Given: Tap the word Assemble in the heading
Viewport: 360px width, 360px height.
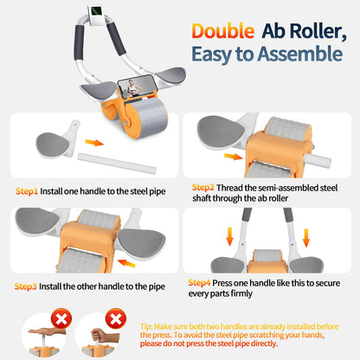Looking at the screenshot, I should click(302, 54).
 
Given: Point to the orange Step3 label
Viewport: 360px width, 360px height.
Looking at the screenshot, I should click(29, 285).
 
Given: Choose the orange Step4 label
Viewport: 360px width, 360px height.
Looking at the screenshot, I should click(202, 281).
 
